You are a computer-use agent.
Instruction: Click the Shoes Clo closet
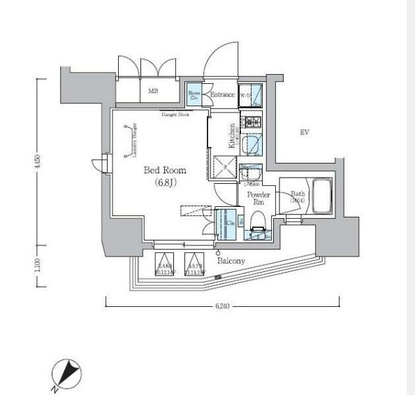(194, 95)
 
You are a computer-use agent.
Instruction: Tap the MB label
(152, 91)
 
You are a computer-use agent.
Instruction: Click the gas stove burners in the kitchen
(251, 124)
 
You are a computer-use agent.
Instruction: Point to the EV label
(304, 132)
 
